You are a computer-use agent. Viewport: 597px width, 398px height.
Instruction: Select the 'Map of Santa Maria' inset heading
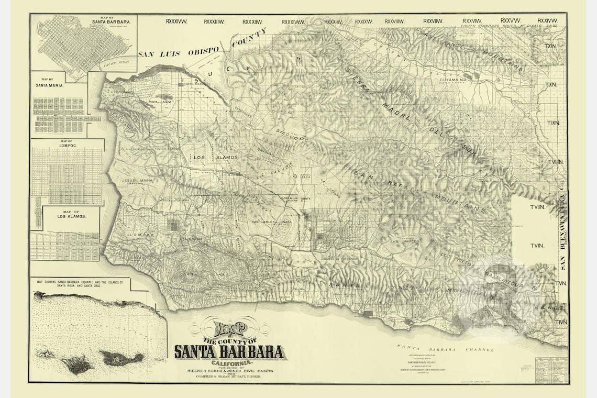click(49, 82)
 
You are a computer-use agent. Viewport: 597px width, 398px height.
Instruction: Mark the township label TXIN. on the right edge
click(550, 46)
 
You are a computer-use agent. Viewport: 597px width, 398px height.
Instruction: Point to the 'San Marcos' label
click(401, 241)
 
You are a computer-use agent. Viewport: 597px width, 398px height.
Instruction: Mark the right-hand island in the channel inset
click(121, 358)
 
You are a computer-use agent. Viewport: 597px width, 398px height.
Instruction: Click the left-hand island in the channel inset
click(77, 363)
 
